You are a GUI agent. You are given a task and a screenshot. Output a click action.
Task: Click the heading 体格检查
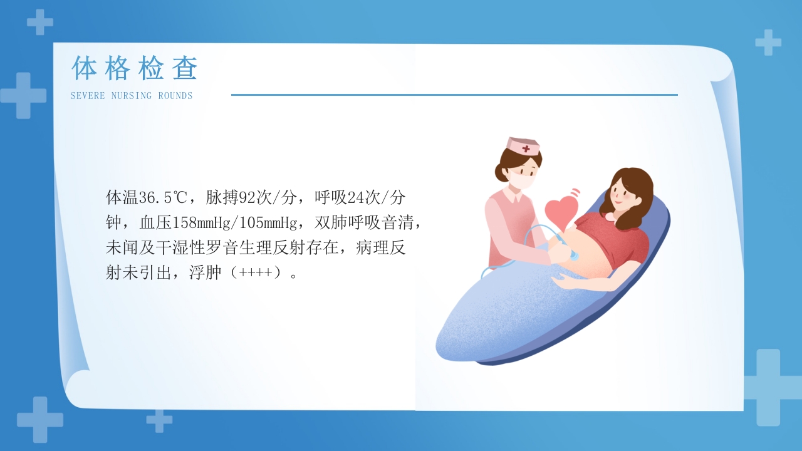135,68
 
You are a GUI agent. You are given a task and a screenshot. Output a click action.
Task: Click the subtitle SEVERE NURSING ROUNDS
132,96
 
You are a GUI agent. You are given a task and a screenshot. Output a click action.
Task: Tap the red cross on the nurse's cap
526,149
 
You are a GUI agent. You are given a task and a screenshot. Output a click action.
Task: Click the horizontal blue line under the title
454,95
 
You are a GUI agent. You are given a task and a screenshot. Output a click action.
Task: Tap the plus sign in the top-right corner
768,42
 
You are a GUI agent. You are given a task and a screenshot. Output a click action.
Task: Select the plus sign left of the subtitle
23,95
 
